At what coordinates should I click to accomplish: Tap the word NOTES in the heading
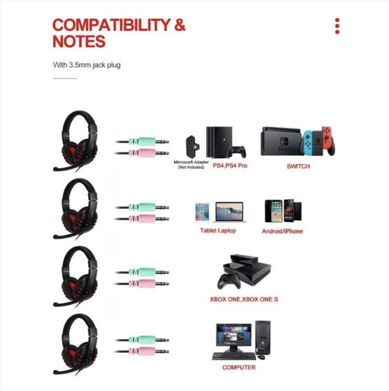78,42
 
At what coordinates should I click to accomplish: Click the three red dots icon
337,26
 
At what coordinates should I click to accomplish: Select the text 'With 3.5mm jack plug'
87,65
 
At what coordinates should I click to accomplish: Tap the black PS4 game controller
240,153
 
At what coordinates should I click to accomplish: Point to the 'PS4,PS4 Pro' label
230,166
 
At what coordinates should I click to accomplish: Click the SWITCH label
298,166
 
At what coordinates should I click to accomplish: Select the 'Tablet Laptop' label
218,231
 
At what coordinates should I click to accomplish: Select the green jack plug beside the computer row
143,339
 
